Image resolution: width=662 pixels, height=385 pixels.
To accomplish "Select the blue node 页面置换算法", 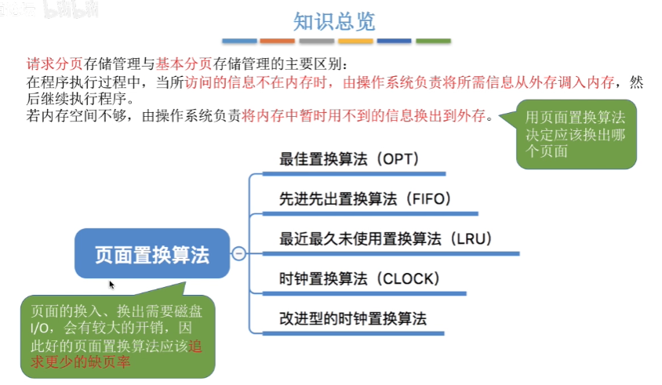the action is [x=153, y=253].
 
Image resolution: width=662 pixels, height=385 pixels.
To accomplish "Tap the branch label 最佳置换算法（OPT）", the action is [x=349, y=159].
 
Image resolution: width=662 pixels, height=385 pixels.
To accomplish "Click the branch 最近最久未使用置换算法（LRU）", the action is [x=385, y=238].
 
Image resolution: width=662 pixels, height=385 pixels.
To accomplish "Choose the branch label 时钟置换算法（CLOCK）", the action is [x=359, y=278].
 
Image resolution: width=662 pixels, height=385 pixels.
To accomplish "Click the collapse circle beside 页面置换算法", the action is [x=239, y=253].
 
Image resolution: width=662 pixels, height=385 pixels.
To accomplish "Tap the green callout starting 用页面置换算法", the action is [x=576, y=134].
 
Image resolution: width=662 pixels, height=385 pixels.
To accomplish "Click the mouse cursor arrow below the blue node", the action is [x=111, y=285].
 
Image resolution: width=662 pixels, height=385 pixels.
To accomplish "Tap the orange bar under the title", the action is [x=277, y=41].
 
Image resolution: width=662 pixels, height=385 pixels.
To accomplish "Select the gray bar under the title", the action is [x=316, y=41].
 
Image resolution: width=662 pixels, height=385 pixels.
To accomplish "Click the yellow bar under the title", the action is [x=355, y=41].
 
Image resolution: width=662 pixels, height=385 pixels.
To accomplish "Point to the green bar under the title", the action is [x=433, y=41].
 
